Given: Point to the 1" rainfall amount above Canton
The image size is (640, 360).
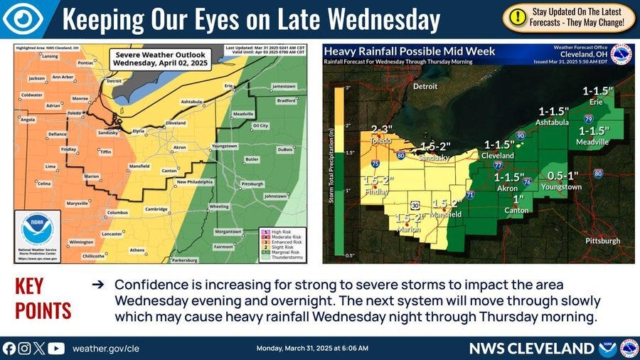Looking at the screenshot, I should (x=518, y=198).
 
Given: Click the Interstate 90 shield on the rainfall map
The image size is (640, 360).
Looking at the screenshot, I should (x=520, y=135).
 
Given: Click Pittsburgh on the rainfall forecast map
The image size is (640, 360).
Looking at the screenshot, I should (x=602, y=241).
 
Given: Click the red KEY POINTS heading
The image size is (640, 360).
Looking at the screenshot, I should (x=43, y=299).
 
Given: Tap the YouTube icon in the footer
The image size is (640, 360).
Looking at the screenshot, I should (x=56, y=348).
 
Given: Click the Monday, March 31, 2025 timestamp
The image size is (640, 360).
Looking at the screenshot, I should (x=311, y=348).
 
